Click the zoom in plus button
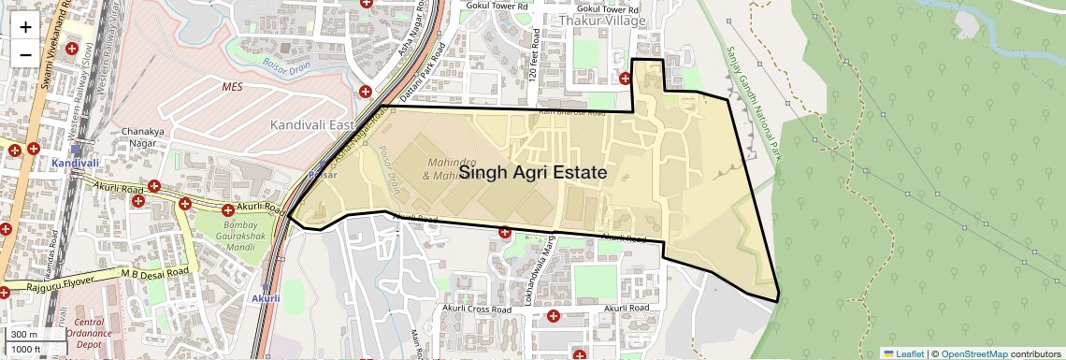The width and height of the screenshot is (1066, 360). [x=25, y=27]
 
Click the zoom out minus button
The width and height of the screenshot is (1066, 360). [x=25, y=54]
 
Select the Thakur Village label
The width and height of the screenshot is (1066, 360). [x=603, y=21]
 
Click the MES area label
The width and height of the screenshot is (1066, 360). [x=232, y=86]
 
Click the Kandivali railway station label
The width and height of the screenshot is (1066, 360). [x=75, y=163]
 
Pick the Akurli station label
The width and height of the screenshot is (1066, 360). [x=266, y=298]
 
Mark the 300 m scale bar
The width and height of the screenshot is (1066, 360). [x=25, y=335]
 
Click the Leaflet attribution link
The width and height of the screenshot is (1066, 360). [x=904, y=353]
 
